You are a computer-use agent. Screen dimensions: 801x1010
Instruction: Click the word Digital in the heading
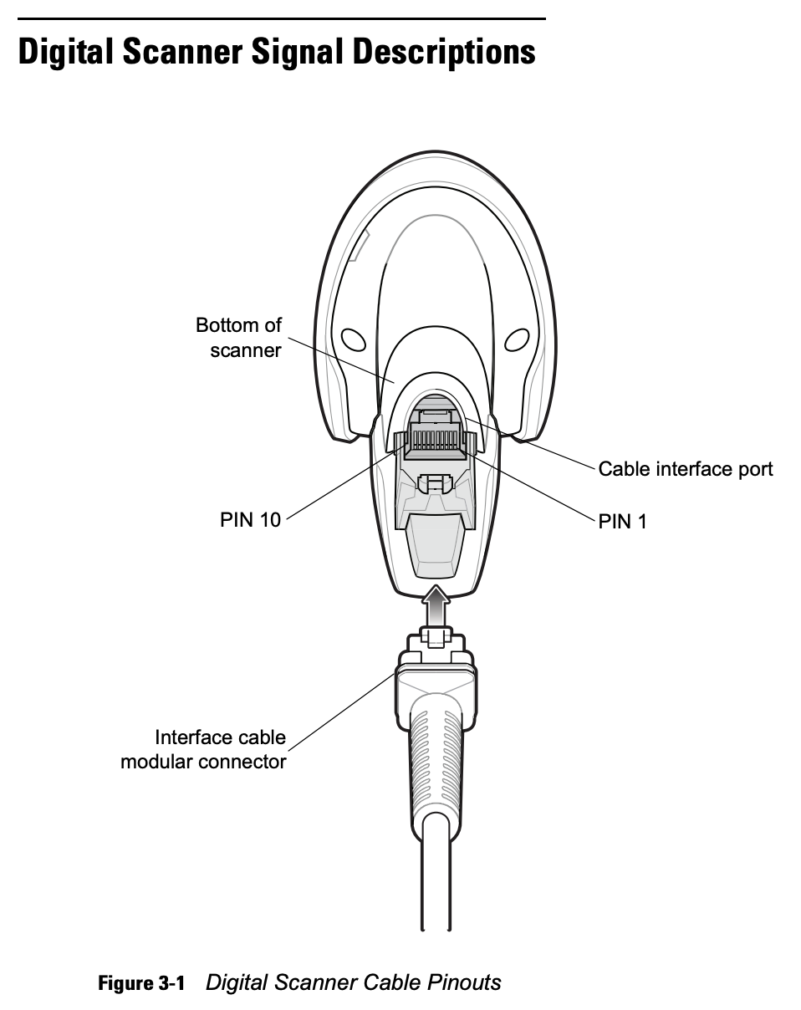coord(66,53)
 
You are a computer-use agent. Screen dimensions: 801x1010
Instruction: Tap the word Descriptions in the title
coord(444,53)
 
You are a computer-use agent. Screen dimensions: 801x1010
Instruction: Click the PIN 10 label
coord(250,519)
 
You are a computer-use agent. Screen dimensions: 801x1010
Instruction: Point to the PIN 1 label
coord(622,522)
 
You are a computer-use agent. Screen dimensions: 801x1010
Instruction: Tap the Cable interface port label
coord(686,469)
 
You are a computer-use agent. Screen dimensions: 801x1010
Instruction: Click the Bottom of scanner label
coord(239,338)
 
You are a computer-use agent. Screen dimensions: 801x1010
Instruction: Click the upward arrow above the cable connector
coord(436,605)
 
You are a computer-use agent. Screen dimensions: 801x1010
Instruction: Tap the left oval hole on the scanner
coord(353,339)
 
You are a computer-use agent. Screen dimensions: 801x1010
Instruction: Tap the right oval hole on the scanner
coord(517,339)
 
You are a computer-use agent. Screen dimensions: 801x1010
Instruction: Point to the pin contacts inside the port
coord(435,440)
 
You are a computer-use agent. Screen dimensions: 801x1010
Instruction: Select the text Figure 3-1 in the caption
coord(141,982)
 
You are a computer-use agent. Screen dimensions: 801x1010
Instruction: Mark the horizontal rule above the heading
coord(282,18)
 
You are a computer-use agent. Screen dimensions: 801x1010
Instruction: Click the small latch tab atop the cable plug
coord(436,637)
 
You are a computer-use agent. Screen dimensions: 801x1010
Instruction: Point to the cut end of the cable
coord(436,928)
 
